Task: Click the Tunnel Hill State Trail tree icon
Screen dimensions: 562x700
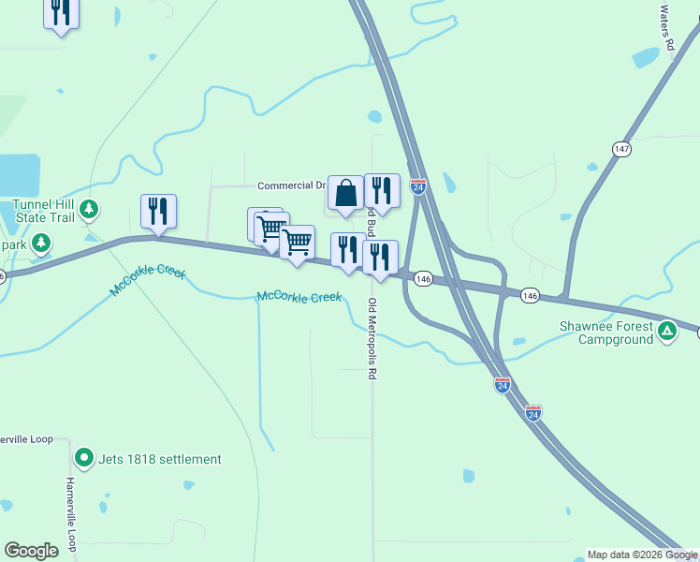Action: click(89, 209)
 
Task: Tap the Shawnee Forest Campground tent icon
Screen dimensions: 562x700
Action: click(667, 330)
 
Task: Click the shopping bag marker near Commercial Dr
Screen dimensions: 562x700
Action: click(345, 194)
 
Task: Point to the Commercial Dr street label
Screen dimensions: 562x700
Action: click(290, 185)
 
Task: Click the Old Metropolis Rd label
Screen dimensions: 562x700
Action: click(372, 338)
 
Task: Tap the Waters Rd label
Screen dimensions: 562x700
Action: click(665, 27)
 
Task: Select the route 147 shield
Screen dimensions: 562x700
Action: click(622, 149)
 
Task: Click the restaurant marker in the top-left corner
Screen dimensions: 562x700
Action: click(61, 12)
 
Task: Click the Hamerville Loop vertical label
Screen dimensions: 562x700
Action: click(70, 514)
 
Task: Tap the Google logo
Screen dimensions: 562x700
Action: click(31, 551)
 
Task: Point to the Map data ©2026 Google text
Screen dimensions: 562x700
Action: click(642, 555)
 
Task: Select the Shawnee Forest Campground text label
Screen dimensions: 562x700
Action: click(612, 333)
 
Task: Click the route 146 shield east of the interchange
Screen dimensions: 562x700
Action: click(531, 295)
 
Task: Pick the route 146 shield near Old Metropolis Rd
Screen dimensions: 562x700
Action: click(423, 278)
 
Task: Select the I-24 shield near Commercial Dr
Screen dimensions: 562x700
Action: click(418, 187)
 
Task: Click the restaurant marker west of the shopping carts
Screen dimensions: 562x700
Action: click(158, 212)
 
